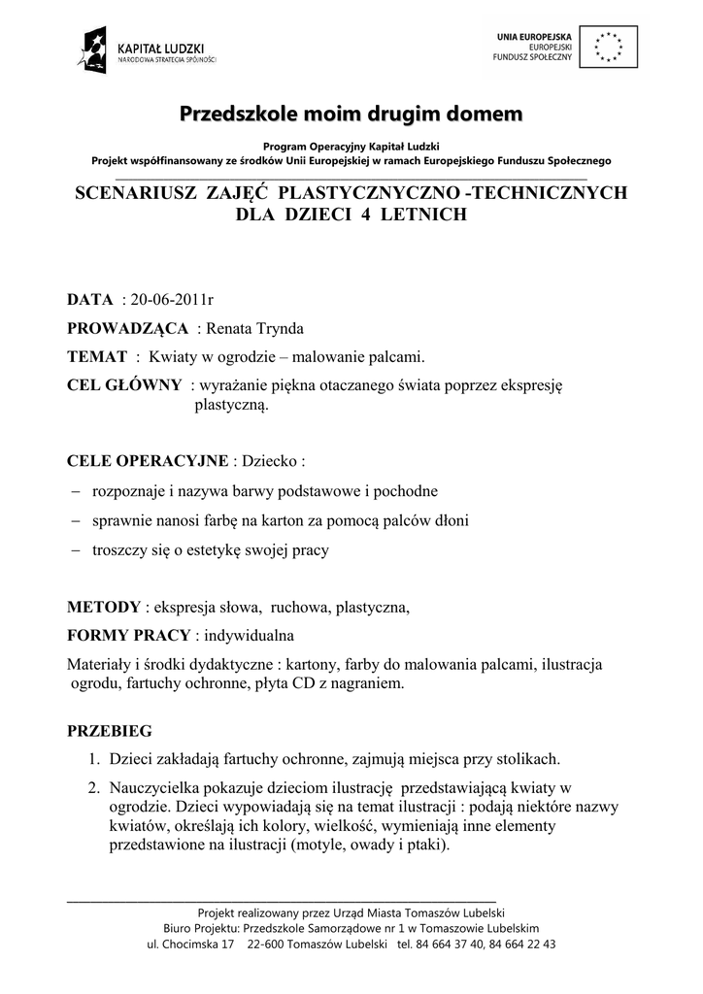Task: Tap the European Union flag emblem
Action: pyautogui.click(x=610, y=45)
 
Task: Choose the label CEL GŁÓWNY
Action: pyautogui.click(x=123, y=384)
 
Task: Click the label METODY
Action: pyautogui.click(x=103, y=609)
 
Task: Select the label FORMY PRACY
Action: pyautogui.click(x=128, y=637)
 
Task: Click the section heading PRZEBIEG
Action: pyautogui.click(x=109, y=729)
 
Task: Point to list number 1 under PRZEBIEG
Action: pyautogui.click(x=94, y=758)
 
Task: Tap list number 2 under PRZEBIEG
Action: pyautogui.click(x=94, y=786)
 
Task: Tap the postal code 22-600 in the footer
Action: pyautogui.click(x=267, y=944)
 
